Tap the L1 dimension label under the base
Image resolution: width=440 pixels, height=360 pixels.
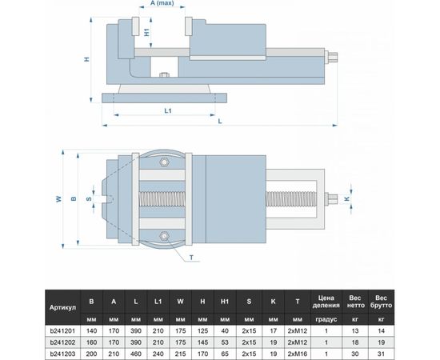[169, 111]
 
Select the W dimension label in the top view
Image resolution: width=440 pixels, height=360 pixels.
[58, 198]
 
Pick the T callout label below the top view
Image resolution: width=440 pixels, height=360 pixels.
[192, 258]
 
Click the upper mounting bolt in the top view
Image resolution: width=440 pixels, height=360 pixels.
[165, 162]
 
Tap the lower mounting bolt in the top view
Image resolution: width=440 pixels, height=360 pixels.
[165, 234]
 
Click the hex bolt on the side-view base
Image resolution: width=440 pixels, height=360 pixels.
[165, 78]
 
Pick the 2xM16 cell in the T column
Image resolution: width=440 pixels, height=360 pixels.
[298, 352]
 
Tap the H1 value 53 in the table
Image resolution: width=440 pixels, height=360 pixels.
[226, 341]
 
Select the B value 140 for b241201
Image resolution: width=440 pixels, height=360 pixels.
[93, 330]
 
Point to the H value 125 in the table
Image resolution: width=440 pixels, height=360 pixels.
[203, 330]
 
